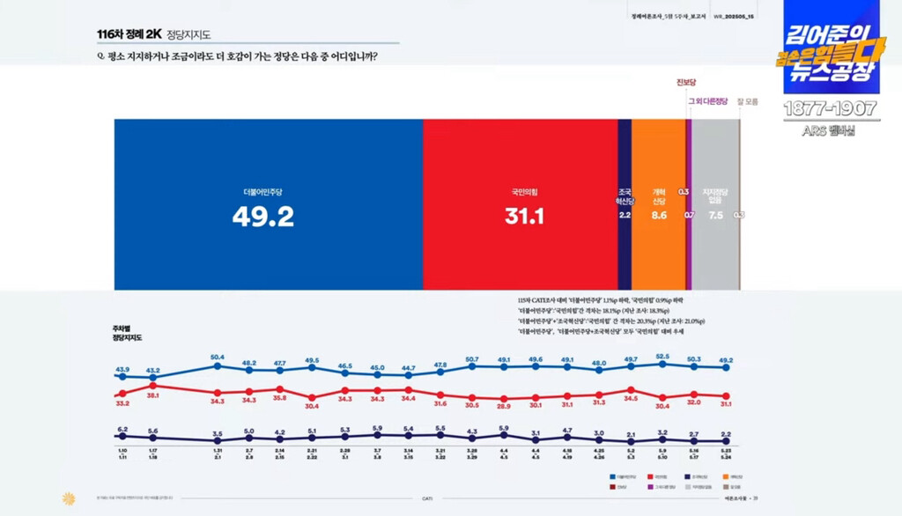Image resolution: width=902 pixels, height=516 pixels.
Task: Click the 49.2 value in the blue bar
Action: click(262, 217)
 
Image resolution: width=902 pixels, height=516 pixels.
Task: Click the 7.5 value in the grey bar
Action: click(714, 214)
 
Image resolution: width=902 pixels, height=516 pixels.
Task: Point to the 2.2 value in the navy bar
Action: click(625, 214)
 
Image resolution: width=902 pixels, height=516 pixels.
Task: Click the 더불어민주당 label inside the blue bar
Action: click(262, 191)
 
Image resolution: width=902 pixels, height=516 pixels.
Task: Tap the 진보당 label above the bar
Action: click(687, 83)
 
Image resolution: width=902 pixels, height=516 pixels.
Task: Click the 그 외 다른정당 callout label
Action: click(708, 101)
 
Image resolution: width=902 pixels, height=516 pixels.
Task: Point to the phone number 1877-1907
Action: click(831, 109)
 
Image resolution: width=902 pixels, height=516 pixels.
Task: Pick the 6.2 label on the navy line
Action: click(122, 429)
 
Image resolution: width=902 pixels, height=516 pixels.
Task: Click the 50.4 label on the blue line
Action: click(218, 357)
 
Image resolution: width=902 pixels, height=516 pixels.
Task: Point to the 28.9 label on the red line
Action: click(503, 406)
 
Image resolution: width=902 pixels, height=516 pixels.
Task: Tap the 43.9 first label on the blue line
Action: click(122, 369)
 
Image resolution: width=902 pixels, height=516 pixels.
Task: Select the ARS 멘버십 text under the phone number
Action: click(828, 131)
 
